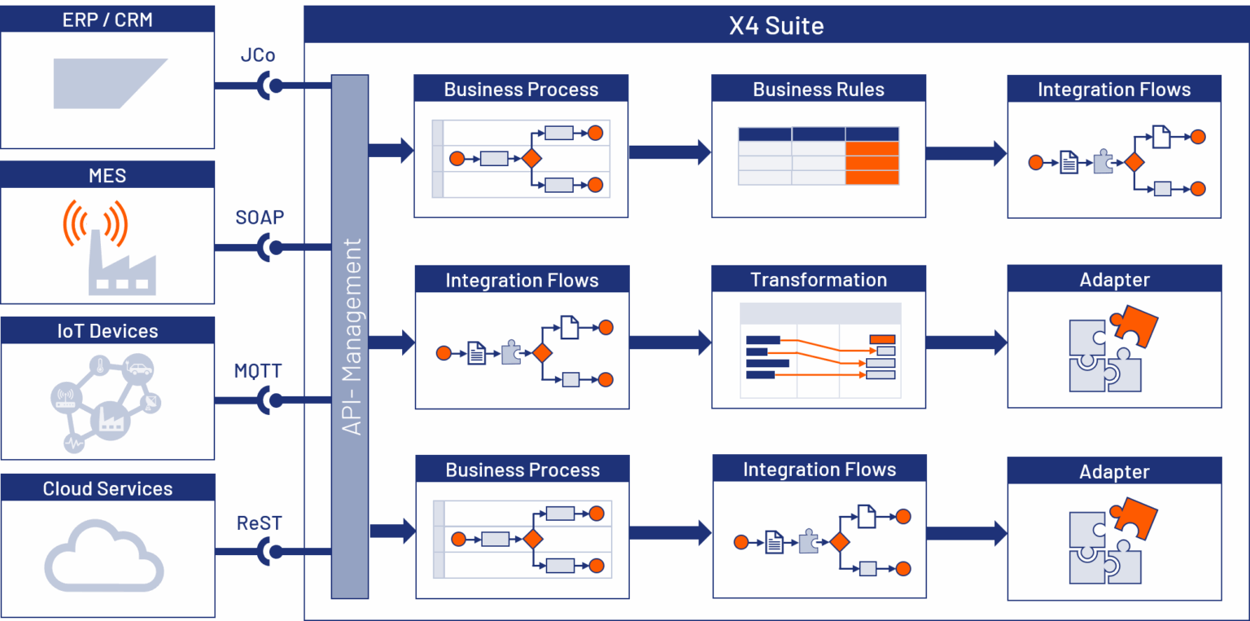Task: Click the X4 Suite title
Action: tap(776, 25)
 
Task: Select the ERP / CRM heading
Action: tap(107, 20)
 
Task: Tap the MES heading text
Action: tap(107, 176)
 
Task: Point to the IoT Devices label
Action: tap(107, 331)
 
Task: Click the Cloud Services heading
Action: tap(107, 488)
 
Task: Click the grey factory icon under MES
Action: tap(121, 264)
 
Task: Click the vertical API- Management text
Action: tap(351, 336)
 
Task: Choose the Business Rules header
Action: tap(818, 90)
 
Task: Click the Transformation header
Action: tap(818, 280)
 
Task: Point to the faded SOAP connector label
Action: tap(259, 217)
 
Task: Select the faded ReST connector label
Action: tap(259, 523)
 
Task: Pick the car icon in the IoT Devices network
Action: tap(140, 368)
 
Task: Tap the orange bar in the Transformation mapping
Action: tap(882, 339)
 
